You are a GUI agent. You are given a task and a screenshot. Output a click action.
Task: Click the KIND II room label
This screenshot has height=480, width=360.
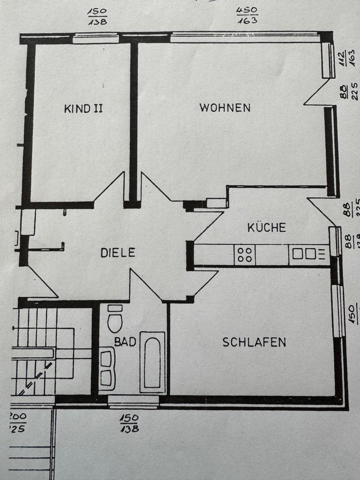pyautogui.click(x=83, y=108)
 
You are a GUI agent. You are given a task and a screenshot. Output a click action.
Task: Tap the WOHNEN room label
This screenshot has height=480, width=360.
pyautogui.click(x=224, y=107)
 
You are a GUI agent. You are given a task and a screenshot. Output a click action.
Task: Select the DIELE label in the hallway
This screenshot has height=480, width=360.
pyautogui.click(x=118, y=252)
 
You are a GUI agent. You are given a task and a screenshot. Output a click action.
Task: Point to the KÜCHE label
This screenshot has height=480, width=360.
pyautogui.click(x=267, y=227)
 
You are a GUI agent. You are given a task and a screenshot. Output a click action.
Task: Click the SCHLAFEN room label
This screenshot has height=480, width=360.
pyautogui.click(x=254, y=342)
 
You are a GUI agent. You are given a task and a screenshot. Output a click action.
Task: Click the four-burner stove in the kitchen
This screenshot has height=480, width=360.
pyautogui.click(x=244, y=254)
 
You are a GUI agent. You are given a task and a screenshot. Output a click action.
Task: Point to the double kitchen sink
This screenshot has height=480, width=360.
pyautogui.click(x=303, y=254)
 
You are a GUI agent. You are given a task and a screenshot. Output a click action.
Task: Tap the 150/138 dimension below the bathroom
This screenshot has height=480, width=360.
pyautogui.click(x=129, y=423)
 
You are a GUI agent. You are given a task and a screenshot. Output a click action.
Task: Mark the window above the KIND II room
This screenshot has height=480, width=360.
pyautogui.click(x=95, y=38)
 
